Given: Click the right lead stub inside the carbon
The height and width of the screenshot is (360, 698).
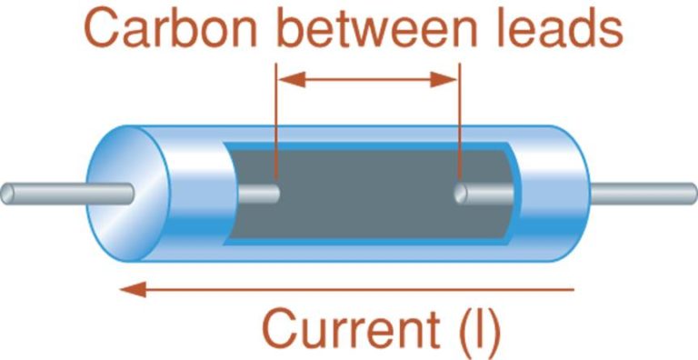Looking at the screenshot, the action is [x=482, y=194].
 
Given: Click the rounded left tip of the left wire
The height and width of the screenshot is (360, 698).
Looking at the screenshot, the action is [x=5, y=193].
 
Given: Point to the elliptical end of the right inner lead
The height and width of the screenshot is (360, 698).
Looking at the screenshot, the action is [x=461, y=194].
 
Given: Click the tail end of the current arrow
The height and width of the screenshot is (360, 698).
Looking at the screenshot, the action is [x=573, y=290].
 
